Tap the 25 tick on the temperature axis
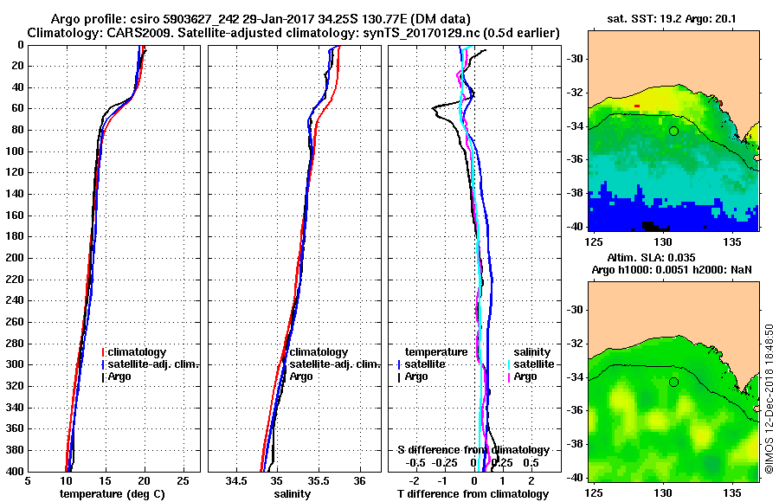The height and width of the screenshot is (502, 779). coord(183,481)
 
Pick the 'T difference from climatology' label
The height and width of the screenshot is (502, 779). coord(473,494)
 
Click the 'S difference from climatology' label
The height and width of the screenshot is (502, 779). coord(473,450)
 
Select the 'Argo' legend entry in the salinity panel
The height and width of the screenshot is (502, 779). coord(301,376)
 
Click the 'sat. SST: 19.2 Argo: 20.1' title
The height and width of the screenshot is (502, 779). coord(673,18)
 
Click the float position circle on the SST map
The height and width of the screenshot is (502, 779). coord(673,131)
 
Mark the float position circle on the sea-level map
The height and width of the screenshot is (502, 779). coord(673,382)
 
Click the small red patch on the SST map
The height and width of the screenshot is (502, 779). coord(637,106)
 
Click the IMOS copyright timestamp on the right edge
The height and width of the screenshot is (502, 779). coord(769,399)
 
